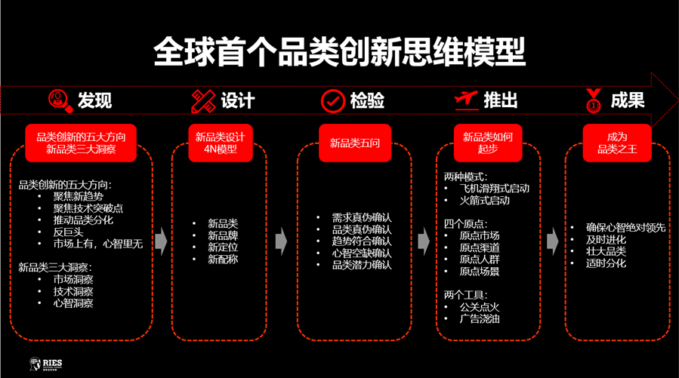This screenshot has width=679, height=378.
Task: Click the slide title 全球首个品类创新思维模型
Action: coord(339,52)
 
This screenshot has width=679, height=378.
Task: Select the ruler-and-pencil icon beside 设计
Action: coord(203,100)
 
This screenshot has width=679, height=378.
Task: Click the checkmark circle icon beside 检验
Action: coord(332,100)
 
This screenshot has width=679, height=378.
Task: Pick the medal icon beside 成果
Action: coord(594,100)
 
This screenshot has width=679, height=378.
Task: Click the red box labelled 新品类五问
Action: coord(355,143)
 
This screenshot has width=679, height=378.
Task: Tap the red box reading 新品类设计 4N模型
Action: coord(221,143)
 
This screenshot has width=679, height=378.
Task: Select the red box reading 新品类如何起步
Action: coord(488,143)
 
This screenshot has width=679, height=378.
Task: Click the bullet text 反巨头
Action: coord(68,232)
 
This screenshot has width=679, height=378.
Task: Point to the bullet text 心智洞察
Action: coord(73,303)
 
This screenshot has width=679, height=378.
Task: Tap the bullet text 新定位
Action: coord(223,247)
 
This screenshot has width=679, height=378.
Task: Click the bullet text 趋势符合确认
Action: coord(362,241)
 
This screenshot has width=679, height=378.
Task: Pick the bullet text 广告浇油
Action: coord(480,318)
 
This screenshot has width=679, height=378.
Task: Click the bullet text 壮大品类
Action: coord(606,251)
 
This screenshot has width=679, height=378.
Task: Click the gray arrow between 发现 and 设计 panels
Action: coord(161,241)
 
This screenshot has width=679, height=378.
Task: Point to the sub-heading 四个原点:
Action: coord(466,224)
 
